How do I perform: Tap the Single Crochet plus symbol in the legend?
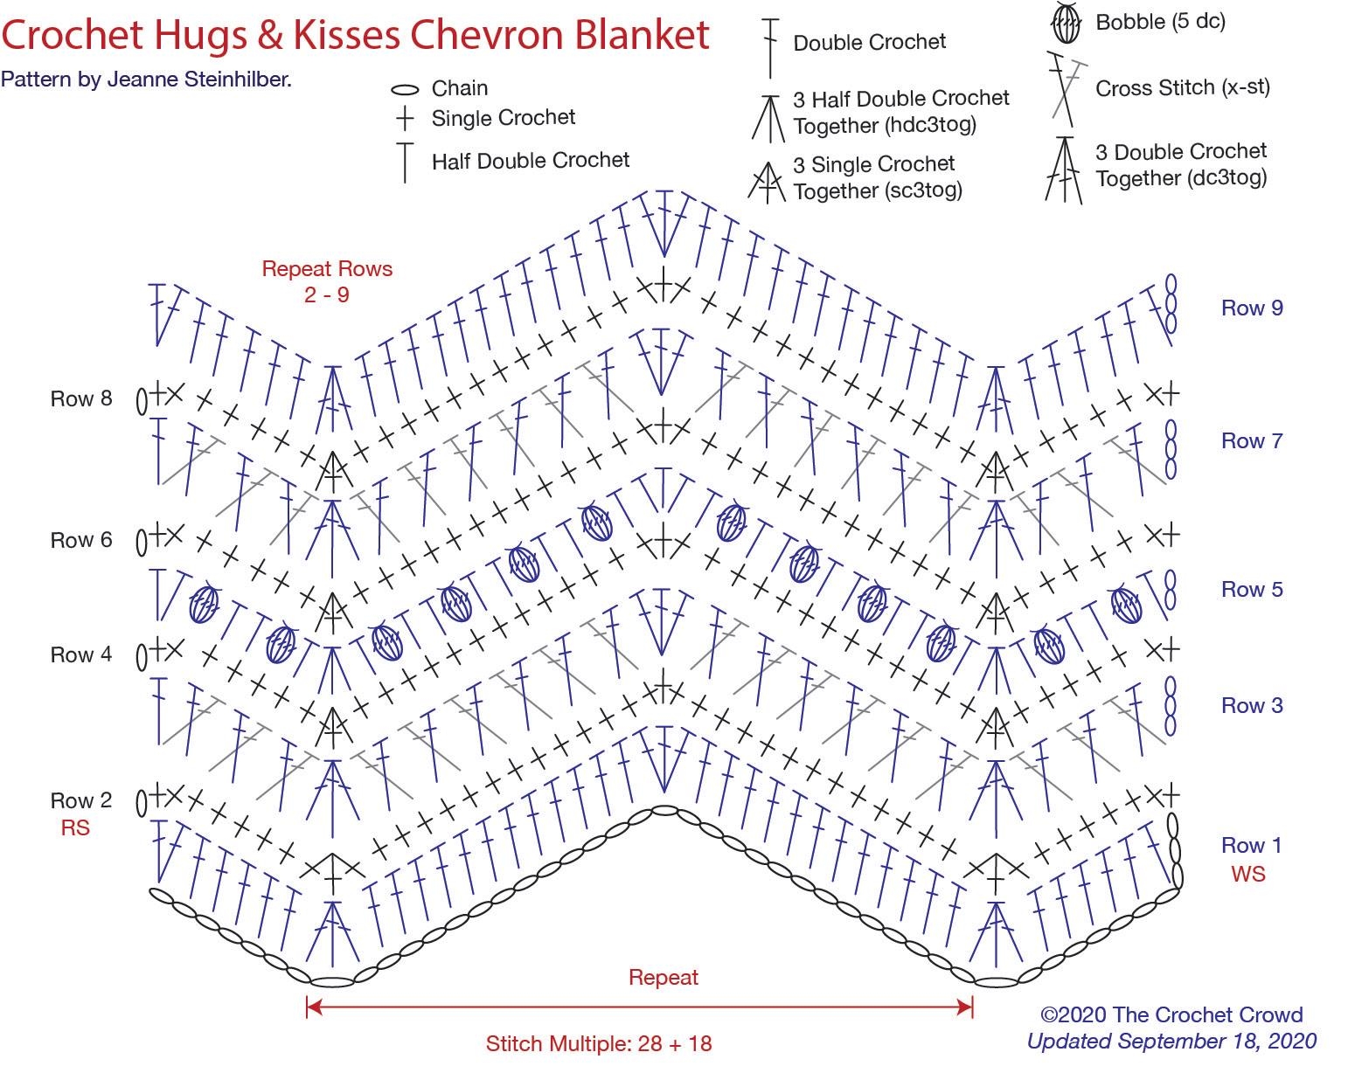click(404, 118)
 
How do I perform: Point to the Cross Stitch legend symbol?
click(1064, 87)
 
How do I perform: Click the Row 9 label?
click(1252, 308)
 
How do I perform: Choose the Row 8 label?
click(81, 398)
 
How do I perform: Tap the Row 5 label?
click(1252, 590)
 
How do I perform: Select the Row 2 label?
click(81, 800)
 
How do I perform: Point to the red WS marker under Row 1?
click(1247, 874)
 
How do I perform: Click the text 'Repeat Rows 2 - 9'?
click(327, 281)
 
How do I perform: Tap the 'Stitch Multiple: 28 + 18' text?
click(599, 1043)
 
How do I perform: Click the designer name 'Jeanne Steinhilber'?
click(198, 80)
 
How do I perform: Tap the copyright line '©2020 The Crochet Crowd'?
click(1171, 1014)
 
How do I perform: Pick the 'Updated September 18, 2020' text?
click(1171, 1041)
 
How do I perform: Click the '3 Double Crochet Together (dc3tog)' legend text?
click(1181, 164)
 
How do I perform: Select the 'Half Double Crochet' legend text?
click(530, 161)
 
